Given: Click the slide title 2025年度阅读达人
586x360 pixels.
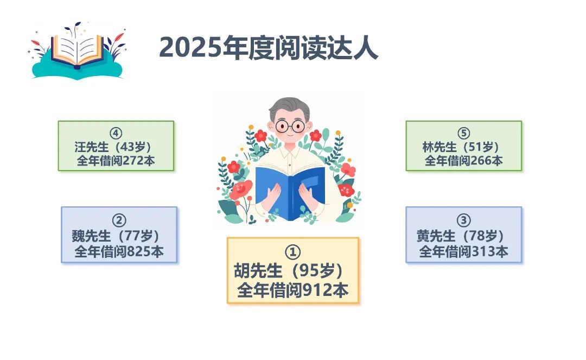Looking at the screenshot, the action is (x=269, y=48).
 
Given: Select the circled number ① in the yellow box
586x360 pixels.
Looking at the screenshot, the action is (x=292, y=252).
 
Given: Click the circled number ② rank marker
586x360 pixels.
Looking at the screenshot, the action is (x=119, y=220).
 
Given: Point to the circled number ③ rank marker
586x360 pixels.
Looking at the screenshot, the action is (x=463, y=220).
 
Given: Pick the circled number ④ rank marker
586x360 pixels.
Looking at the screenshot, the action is (x=116, y=134).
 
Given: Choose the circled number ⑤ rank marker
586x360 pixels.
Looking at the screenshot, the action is (x=463, y=134).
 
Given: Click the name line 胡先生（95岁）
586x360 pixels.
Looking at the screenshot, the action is (x=289, y=270).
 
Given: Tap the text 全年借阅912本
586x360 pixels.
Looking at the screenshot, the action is (x=292, y=290).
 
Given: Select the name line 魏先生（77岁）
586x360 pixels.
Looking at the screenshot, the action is (x=116, y=236).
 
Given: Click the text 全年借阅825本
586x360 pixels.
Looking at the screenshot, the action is (x=119, y=251).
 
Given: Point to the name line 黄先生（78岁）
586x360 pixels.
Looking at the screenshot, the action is (x=460, y=236).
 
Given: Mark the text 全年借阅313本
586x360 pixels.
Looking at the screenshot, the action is (x=463, y=251).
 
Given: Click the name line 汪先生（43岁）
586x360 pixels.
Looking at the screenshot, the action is (x=112, y=147).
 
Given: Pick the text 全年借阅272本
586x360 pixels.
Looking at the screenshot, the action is (x=116, y=161).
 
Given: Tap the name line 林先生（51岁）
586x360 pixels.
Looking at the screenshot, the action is (x=461, y=147).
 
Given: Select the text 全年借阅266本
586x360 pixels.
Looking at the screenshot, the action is (x=463, y=161).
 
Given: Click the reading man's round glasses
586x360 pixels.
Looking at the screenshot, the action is (x=290, y=126).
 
